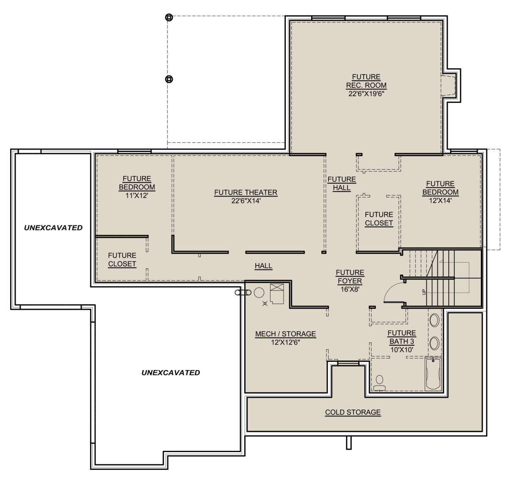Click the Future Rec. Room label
[x=366, y=81]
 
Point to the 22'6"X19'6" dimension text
[x=366, y=94]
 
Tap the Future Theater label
[x=246, y=192]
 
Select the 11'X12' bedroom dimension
[x=137, y=196]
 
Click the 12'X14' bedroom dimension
[x=440, y=200]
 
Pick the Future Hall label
[x=342, y=183]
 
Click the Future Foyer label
[x=350, y=277]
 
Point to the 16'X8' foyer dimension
[x=350, y=289]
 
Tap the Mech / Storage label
[x=285, y=334]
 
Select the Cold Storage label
[x=353, y=412]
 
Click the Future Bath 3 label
[x=402, y=337]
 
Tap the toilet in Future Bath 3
[x=379, y=383]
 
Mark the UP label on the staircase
[x=424, y=291]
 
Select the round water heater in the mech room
[x=259, y=292]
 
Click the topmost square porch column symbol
[x=169, y=17]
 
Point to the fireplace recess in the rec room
[x=448, y=85]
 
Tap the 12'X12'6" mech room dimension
[x=285, y=342]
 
